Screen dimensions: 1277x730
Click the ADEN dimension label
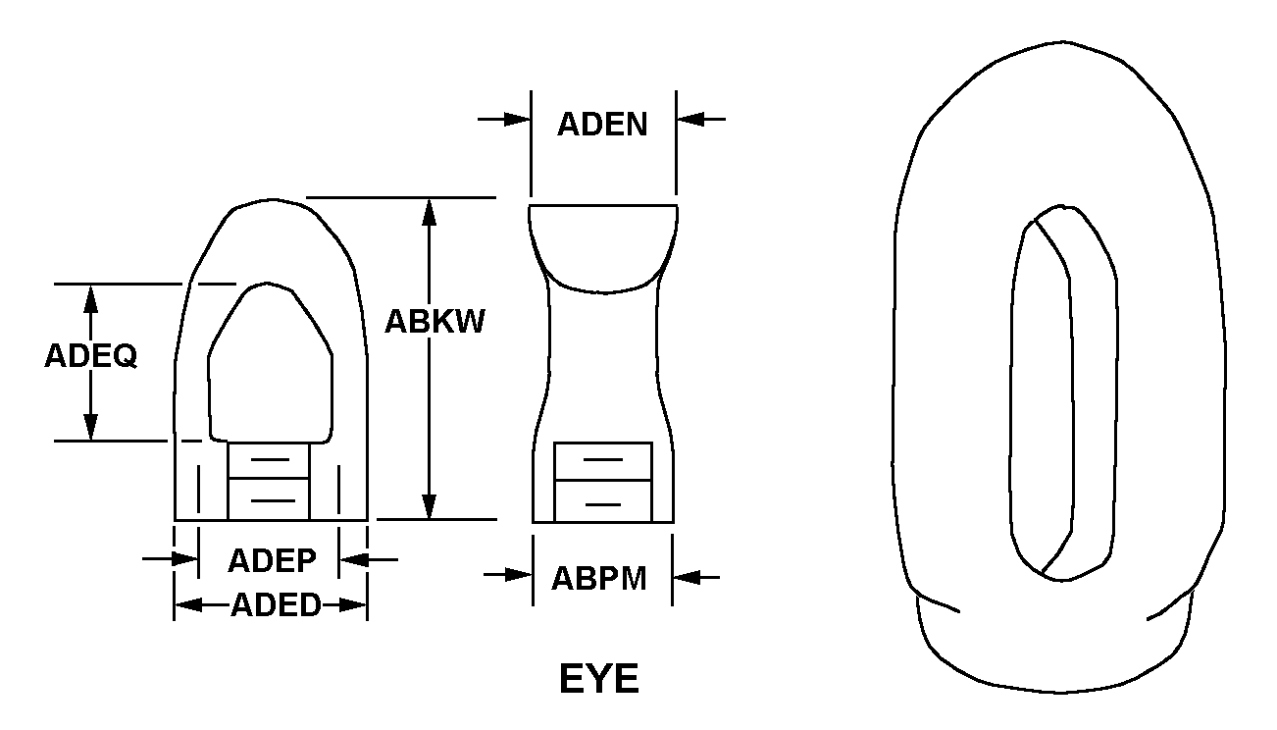pos(602,125)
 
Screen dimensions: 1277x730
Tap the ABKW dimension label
pos(434,321)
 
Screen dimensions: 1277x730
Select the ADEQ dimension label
pos(91,356)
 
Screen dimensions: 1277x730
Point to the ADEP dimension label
pos(272,560)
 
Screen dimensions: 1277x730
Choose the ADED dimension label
pos(276,605)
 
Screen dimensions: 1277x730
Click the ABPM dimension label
pos(599,579)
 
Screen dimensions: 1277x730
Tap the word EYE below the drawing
pos(599,679)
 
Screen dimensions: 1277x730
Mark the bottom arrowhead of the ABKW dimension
pos(430,506)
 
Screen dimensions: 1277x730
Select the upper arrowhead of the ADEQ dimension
pos(90,298)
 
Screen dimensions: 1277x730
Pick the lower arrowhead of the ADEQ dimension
pos(90,427)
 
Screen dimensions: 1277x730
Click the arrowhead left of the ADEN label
pos(518,119)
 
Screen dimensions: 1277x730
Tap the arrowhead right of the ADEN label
pos(690,119)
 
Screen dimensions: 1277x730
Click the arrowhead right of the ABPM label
pos(687,577)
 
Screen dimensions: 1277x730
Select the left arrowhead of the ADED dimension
pos(188,604)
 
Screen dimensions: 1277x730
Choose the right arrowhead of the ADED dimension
pos(353,604)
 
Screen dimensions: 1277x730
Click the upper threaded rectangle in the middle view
pos(603,461)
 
